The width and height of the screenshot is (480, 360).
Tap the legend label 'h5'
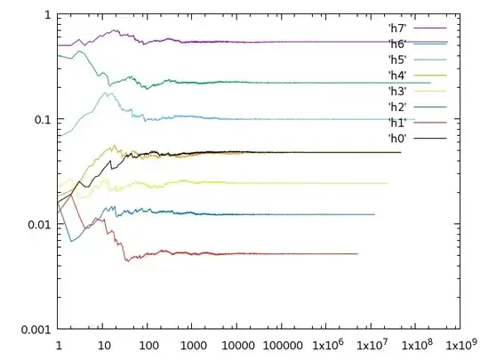pyautogui.click(x=396, y=59)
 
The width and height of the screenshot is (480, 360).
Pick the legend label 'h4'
pyautogui.click(x=396, y=75)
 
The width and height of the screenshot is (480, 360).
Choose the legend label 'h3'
pyautogui.click(x=396, y=91)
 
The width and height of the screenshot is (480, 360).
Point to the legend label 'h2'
pyautogui.click(x=396, y=107)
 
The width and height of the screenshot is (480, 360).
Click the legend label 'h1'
pyautogui.click(x=396, y=123)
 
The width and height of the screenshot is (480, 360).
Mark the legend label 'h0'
pyautogui.click(x=396, y=139)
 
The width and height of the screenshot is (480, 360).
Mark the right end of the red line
pyautogui.click(x=357, y=253)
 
